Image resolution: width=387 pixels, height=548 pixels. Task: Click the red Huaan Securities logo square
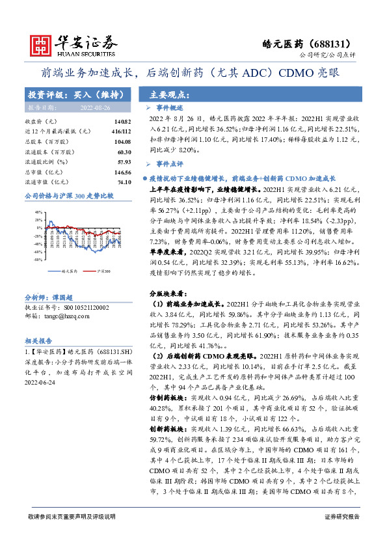[42, 44]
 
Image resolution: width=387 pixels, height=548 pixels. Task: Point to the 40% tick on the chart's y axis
[38, 212]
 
